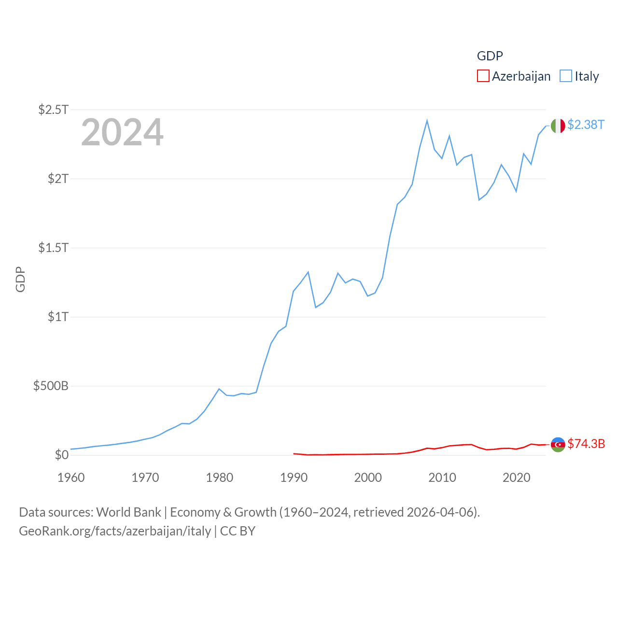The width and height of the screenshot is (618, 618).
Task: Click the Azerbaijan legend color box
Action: [x=483, y=76]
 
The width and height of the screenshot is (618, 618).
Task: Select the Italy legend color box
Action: [x=566, y=76]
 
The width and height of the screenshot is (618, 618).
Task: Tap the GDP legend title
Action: [x=490, y=56]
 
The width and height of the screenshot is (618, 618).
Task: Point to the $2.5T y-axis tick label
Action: [x=53, y=110]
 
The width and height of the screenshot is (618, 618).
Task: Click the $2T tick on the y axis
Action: [x=58, y=179]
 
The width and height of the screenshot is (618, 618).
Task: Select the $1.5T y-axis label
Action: [x=53, y=248]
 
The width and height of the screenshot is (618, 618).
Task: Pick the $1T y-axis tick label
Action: [x=58, y=317]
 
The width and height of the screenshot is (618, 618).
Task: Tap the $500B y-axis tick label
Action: [x=51, y=386]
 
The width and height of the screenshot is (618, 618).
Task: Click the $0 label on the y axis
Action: [x=61, y=455]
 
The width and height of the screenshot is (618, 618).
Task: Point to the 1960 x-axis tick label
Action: [x=71, y=478]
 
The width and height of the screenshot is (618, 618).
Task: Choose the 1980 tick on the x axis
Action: [x=219, y=478]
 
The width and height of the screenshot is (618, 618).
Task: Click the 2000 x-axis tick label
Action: [x=368, y=478]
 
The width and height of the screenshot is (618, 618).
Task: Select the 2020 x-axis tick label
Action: [x=516, y=478]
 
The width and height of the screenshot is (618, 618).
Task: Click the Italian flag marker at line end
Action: [x=558, y=126]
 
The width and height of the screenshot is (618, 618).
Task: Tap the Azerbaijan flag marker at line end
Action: [x=558, y=444]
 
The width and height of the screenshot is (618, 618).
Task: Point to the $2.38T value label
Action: [x=586, y=125]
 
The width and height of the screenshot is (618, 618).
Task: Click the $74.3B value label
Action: [x=586, y=444]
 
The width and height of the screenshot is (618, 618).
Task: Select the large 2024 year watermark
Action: [x=122, y=132]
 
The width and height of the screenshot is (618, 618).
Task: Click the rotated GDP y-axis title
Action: [x=20, y=279]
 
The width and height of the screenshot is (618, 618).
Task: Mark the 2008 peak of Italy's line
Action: [x=427, y=121]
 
